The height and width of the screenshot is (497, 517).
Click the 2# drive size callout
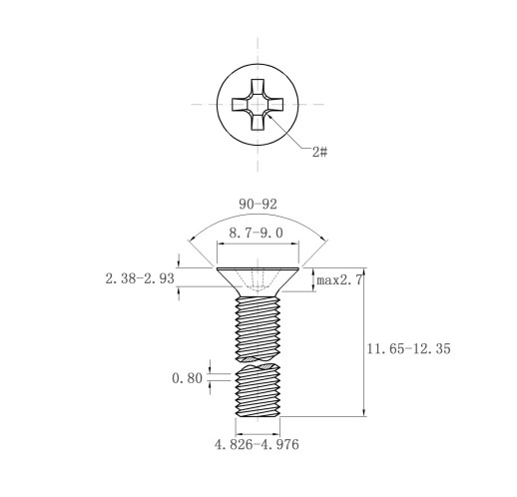319,152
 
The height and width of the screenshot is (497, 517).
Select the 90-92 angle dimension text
258,205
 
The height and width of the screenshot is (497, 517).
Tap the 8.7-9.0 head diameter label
256,233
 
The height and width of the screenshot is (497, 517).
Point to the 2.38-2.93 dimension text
140,278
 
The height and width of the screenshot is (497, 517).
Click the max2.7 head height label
339,280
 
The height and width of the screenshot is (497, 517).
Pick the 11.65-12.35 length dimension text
409,349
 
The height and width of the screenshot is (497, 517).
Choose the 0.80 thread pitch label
187,378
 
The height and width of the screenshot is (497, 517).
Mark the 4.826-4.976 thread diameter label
257,444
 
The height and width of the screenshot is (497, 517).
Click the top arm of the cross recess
258,88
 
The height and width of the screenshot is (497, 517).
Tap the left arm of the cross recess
241,105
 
